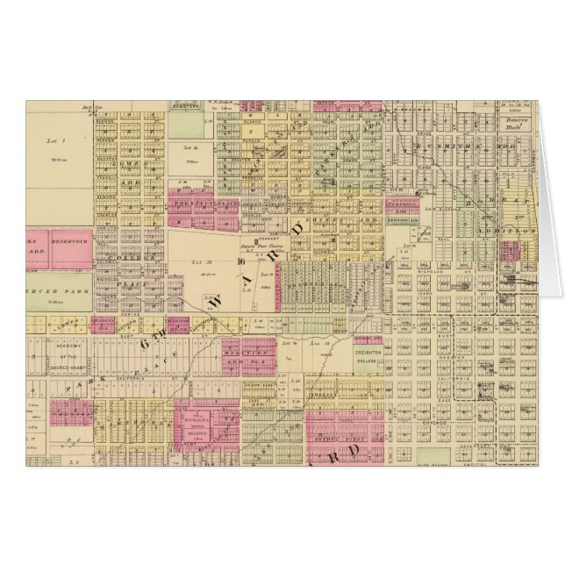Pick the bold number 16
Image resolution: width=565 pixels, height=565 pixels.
239,260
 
